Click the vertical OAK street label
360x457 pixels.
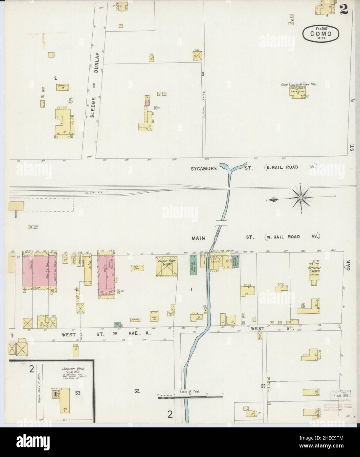click(349, 264)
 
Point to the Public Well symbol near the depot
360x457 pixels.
click(31, 227)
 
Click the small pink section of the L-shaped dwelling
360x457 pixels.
click(147, 103)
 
